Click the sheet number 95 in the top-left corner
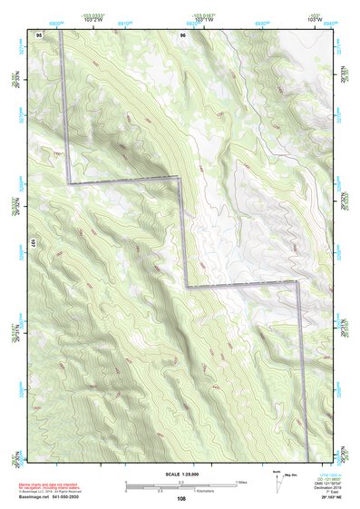(39, 34)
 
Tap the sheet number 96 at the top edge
(183, 34)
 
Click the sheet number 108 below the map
(182, 497)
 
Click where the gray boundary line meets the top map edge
(61, 29)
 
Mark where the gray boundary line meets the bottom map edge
(306, 463)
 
